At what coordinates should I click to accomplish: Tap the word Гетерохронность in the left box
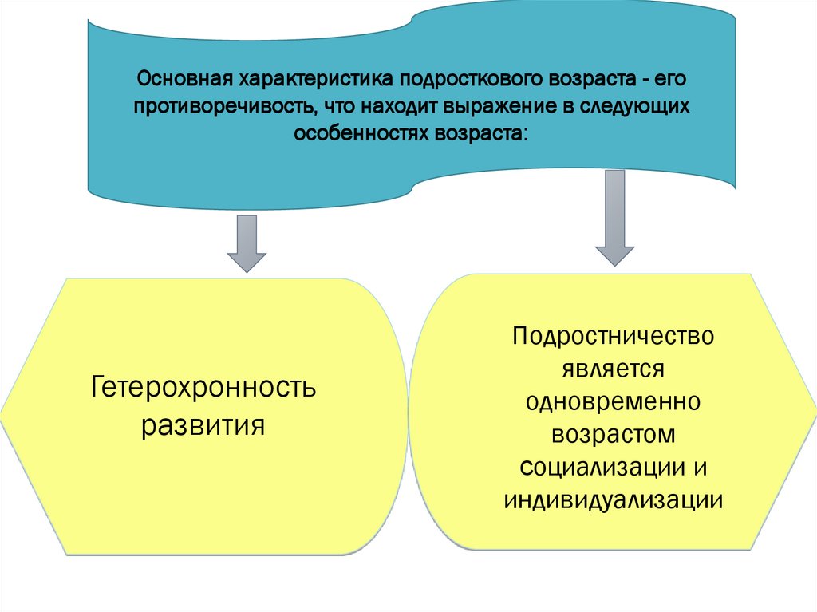(x=204, y=389)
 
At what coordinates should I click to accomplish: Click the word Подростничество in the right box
(x=613, y=335)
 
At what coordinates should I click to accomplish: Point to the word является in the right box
(x=613, y=369)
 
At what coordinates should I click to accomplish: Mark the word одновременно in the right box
(x=613, y=401)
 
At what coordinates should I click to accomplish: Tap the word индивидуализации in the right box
(x=613, y=500)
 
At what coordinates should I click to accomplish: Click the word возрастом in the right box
(x=613, y=435)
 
